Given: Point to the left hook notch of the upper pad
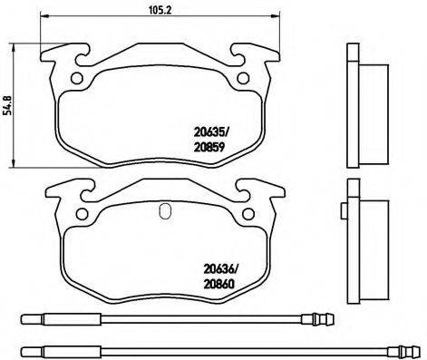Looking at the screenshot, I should (79, 58).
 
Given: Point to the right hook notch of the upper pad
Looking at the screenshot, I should (238, 58).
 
